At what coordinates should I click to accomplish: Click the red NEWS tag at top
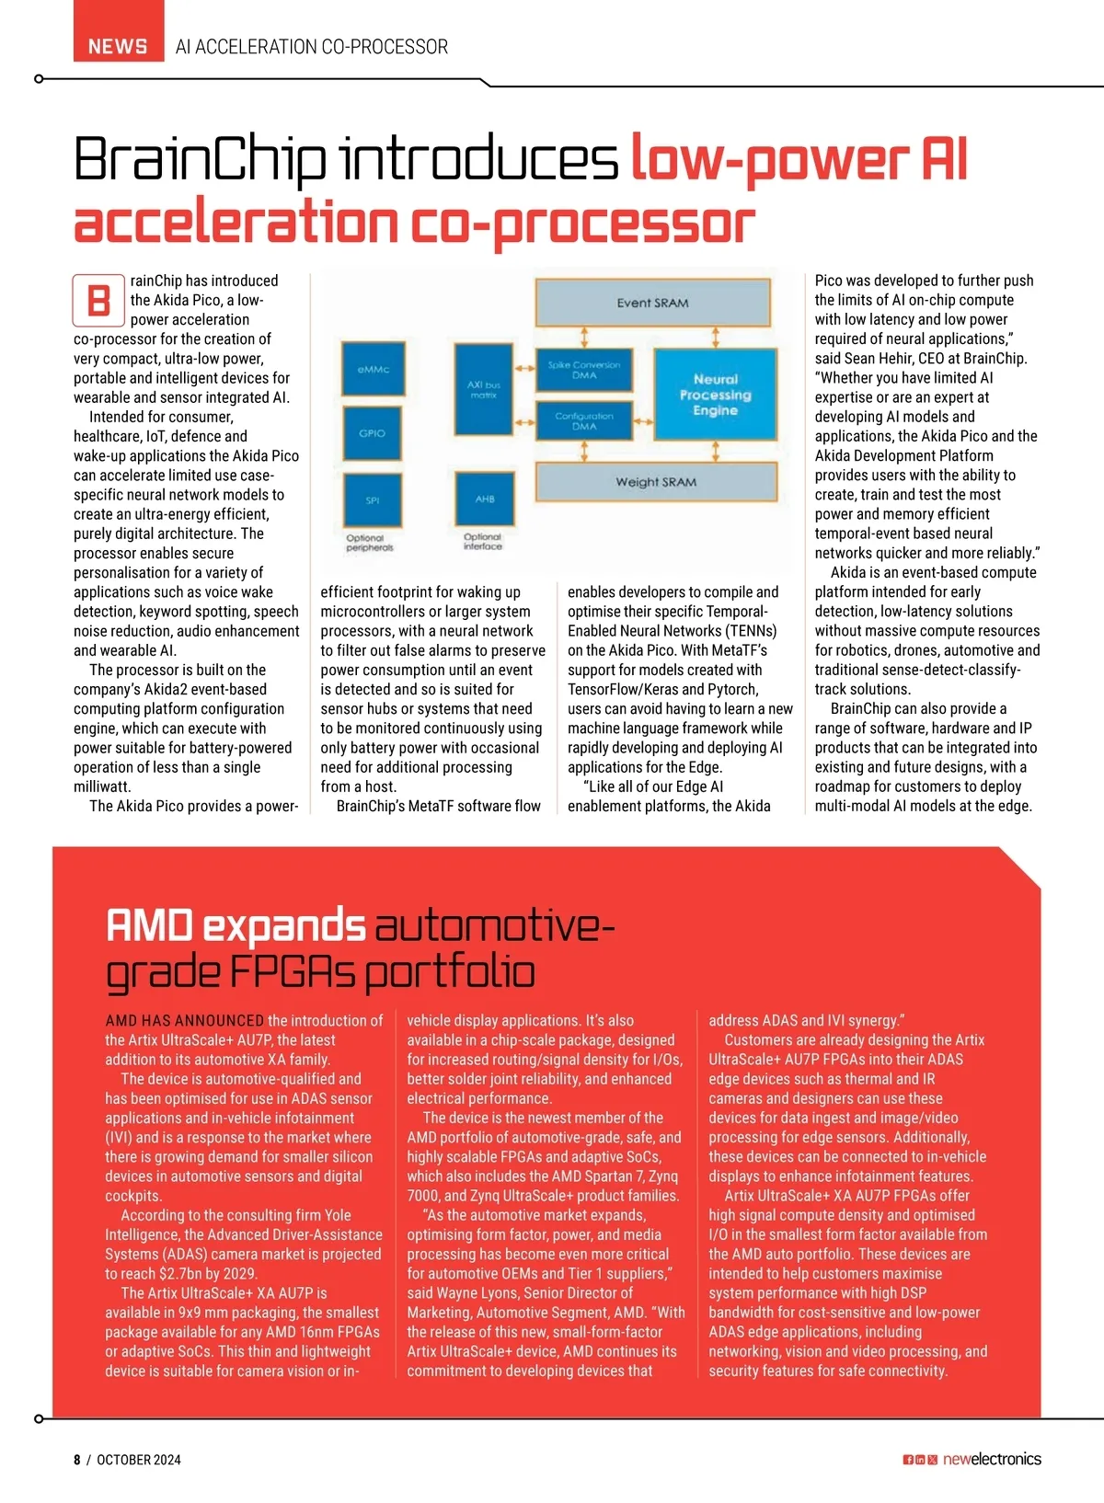[x=119, y=31]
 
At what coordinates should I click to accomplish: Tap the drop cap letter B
[x=98, y=300]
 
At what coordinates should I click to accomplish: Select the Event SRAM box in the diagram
[x=652, y=304]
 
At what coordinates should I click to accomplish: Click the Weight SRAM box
[x=656, y=482]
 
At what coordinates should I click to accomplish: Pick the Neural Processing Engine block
[x=716, y=395]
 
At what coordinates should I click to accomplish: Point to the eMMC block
[x=374, y=369]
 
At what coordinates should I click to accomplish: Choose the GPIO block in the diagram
[x=373, y=433]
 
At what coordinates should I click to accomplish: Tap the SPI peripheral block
[x=373, y=499]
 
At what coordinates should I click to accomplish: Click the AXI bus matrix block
[x=484, y=390]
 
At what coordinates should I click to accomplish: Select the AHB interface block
[x=485, y=499]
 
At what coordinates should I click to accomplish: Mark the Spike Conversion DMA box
[x=584, y=370]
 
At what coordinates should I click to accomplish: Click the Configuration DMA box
[x=584, y=420]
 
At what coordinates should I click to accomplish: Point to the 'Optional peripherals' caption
[x=370, y=543]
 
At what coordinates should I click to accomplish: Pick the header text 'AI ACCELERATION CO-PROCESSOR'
[x=311, y=47]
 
